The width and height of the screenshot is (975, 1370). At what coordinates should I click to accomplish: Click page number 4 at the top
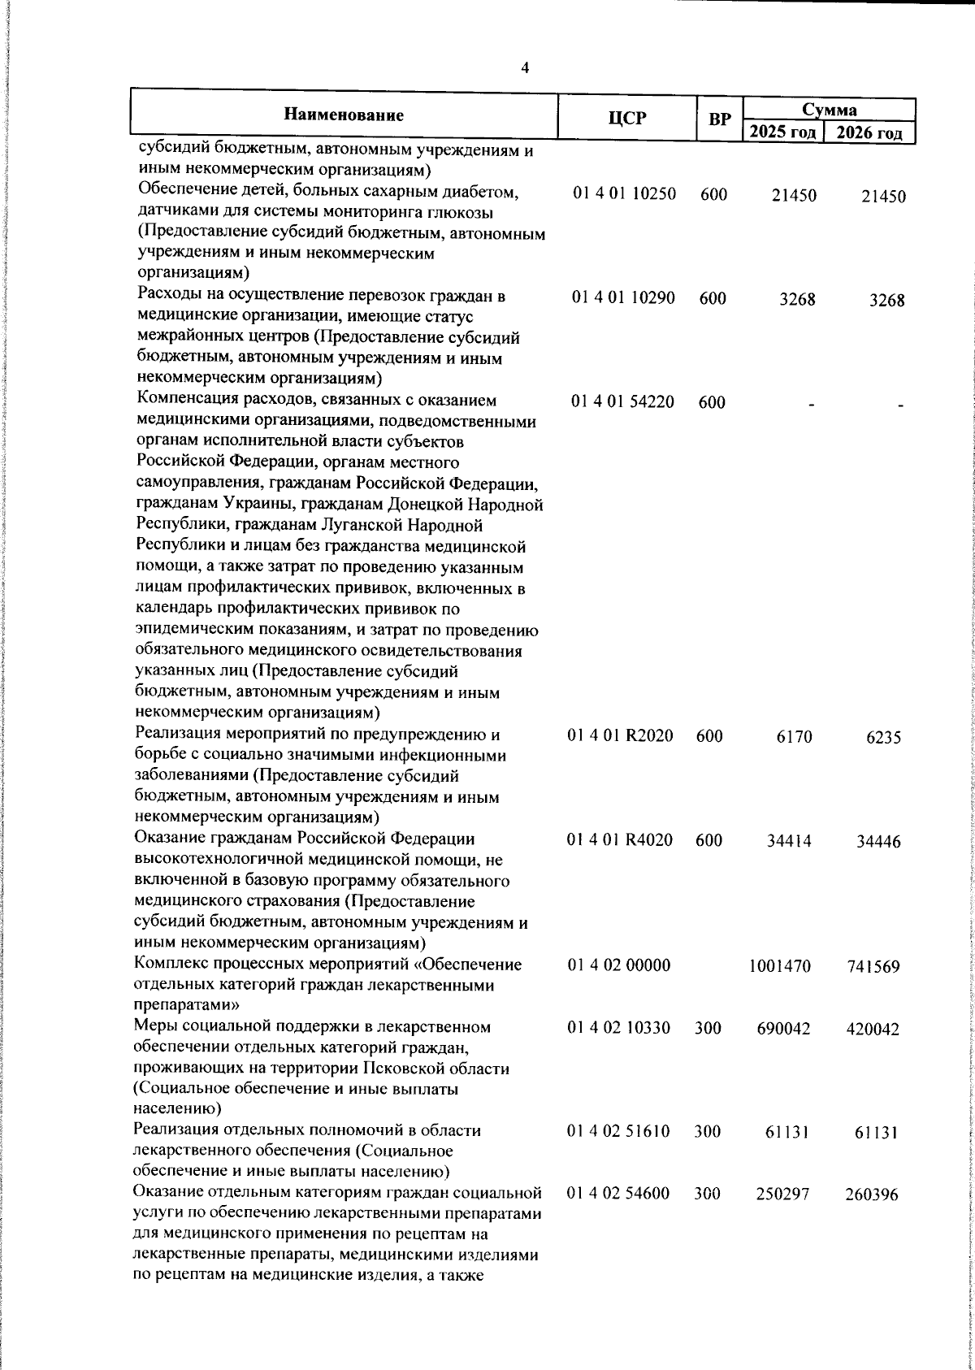[525, 69]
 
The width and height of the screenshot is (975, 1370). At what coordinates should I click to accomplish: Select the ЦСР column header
[627, 119]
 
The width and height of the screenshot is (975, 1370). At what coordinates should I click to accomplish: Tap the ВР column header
[718, 119]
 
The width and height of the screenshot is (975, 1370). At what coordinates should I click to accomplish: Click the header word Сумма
[829, 109]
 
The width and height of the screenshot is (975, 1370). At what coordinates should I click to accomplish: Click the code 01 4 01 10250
[623, 195]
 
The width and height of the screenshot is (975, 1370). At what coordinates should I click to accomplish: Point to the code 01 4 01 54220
[623, 402]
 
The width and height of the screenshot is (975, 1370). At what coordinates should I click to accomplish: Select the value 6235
[882, 738]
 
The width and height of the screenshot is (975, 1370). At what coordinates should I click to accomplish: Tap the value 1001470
[779, 967]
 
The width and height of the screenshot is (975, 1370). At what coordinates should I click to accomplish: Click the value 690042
[782, 1030]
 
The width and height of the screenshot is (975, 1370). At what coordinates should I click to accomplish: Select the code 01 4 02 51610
[620, 1132]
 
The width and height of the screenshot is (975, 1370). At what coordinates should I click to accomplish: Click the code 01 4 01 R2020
[620, 737]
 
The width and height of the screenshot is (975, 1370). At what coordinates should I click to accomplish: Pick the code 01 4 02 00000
[620, 966]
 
